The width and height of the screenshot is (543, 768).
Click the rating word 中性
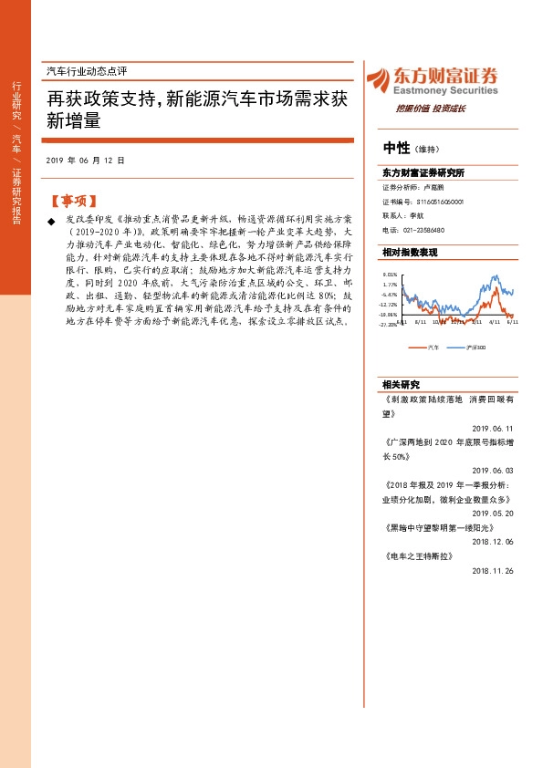(x=396, y=149)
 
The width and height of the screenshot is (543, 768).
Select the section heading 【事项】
(x=71, y=201)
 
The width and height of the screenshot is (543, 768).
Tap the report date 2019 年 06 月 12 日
(x=84, y=160)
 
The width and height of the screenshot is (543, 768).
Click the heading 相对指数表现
(x=410, y=252)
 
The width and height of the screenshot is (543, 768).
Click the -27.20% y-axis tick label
(x=389, y=323)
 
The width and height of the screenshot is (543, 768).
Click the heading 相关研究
(x=402, y=384)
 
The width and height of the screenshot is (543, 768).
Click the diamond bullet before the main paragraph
(x=50, y=222)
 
